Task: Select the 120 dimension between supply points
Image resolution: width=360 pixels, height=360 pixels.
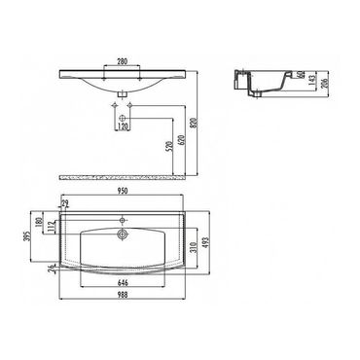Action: point(124,126)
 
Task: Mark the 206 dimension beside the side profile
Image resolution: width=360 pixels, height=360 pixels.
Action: point(325,83)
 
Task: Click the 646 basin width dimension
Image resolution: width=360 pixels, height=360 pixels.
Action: point(121,280)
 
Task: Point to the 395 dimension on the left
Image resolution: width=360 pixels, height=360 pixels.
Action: point(27,239)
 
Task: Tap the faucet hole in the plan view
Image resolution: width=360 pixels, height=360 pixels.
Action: point(122,234)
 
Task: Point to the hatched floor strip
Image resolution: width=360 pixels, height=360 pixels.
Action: point(122,177)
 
